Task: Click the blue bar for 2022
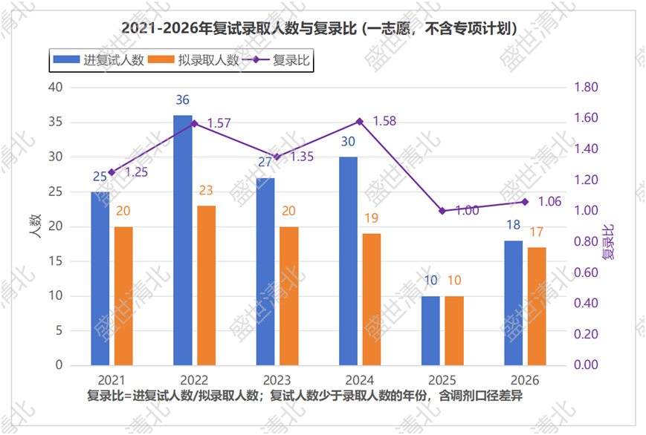coord(183,241)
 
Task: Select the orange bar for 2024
coord(372,300)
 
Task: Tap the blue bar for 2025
coord(430,331)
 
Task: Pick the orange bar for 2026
coord(537,307)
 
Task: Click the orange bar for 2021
coord(123,296)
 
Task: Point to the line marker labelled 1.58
coord(360,122)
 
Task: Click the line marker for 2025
coord(442,211)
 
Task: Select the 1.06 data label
coord(549,202)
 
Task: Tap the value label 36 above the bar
coord(183,100)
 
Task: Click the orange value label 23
coord(206,190)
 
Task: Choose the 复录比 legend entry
coord(277,60)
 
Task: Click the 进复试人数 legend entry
coord(98,60)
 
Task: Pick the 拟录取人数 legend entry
coord(193,60)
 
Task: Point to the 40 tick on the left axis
coord(55,88)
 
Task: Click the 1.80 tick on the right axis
coord(586,88)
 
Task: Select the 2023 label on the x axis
coord(277,380)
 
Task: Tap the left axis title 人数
coord(36,226)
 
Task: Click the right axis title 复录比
coord(608,242)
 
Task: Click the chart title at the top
coord(320,28)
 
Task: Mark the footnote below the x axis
coord(305,396)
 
